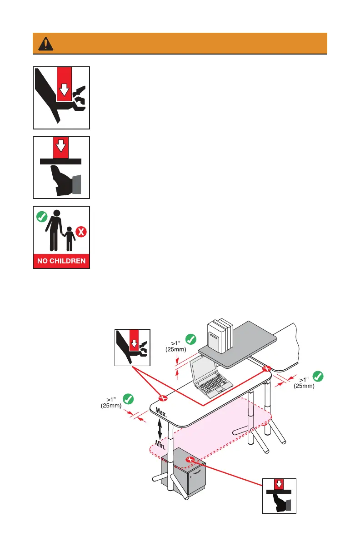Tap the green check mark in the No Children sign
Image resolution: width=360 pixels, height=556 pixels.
[x=42, y=216]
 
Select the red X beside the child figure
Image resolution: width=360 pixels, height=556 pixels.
[x=82, y=232]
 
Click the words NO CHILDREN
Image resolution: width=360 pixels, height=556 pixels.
[x=61, y=261]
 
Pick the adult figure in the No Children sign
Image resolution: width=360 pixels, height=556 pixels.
[x=55, y=229]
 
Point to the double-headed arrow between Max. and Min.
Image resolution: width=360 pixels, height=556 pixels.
[x=160, y=428]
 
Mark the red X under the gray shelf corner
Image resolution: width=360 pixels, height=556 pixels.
[x=267, y=368]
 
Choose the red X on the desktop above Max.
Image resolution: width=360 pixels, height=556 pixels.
[x=163, y=398]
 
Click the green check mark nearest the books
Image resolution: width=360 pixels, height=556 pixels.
[x=191, y=338]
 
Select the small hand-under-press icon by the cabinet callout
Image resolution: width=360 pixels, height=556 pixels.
[x=279, y=496]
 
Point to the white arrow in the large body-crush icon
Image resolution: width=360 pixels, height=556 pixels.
[x=65, y=90]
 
